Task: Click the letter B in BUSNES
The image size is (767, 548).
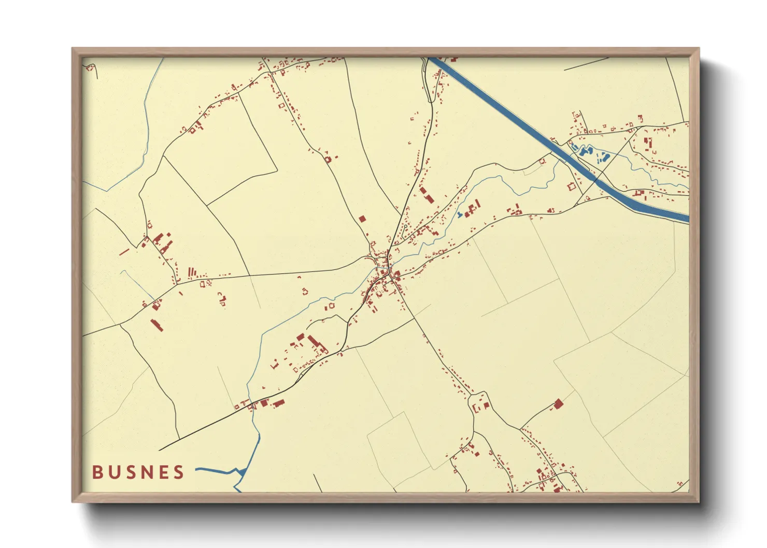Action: point(97,472)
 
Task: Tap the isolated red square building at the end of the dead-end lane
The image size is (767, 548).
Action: point(558,403)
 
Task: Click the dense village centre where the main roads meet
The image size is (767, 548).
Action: point(386,272)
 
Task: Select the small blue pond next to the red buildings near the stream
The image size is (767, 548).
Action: point(459,214)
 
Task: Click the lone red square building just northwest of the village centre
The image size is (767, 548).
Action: point(362,219)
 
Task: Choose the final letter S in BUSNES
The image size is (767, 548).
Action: point(178,472)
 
